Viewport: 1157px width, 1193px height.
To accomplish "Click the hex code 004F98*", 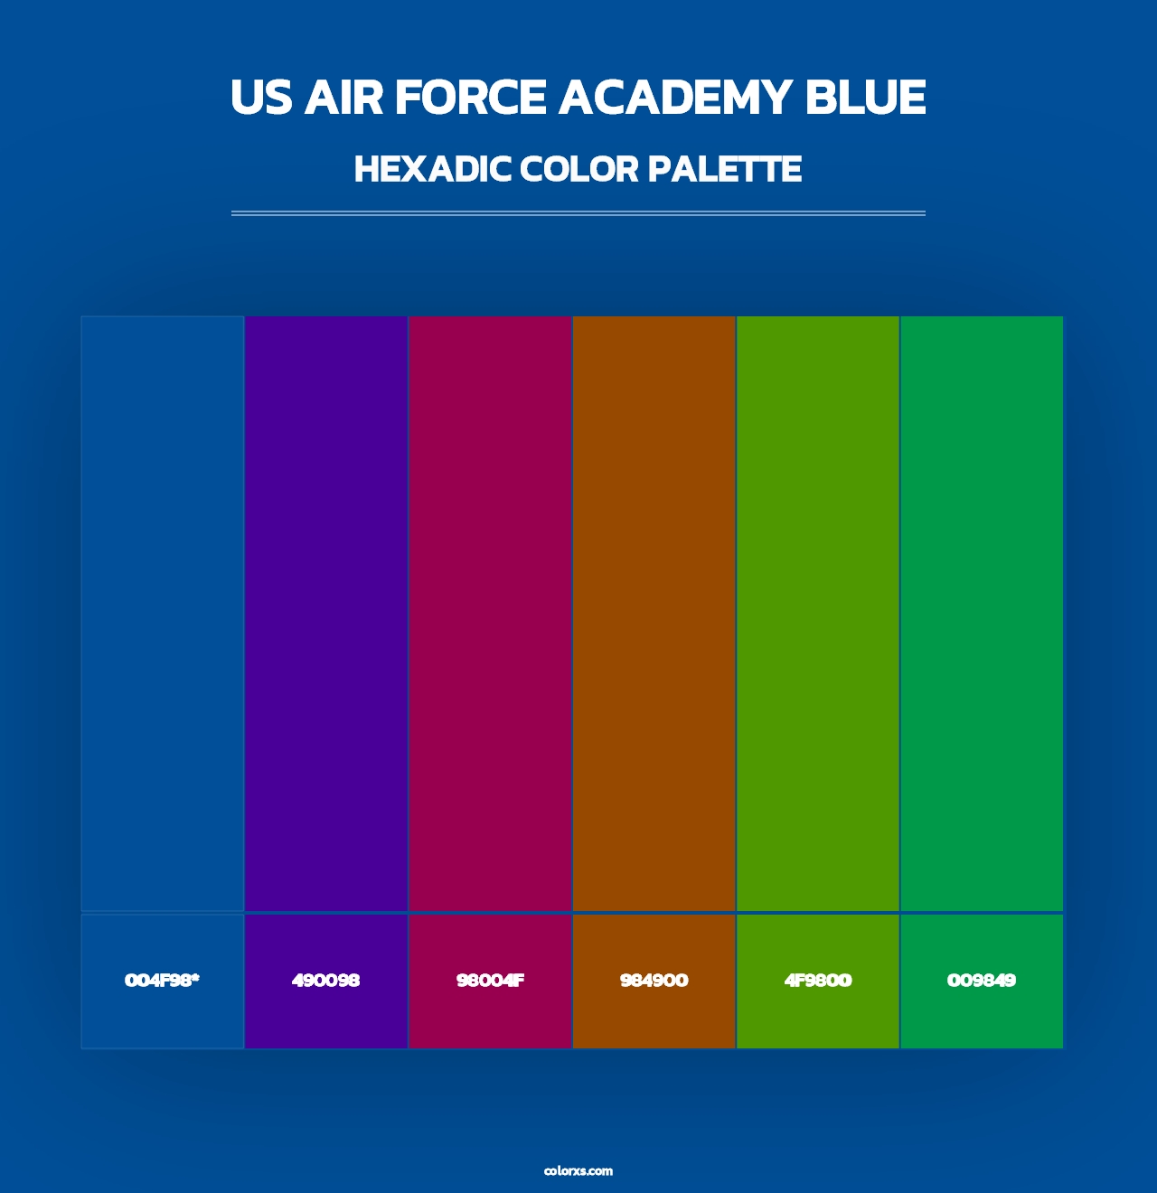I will pos(162,981).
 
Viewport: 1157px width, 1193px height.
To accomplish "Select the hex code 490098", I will pos(325,981).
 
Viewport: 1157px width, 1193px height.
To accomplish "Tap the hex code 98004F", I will pos(490,981).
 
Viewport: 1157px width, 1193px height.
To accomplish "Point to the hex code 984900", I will pos(654,981).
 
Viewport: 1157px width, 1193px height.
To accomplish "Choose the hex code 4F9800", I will pos(818,981).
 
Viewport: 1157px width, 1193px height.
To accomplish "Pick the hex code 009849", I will pos(982,981).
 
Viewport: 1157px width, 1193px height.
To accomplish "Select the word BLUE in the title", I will pos(865,98).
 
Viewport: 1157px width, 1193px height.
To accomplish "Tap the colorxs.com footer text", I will pos(578,1170).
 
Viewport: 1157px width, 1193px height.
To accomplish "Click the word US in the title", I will pos(261,98).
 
